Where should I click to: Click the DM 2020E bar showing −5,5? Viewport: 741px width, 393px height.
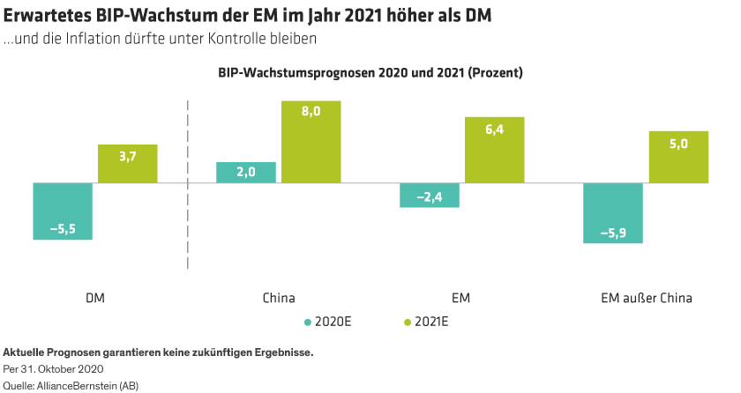tap(63, 211)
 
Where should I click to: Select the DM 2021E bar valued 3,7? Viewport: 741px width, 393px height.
tap(128, 164)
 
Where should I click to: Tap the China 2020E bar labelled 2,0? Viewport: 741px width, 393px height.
tap(246, 173)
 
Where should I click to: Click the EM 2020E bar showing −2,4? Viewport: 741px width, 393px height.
tap(430, 196)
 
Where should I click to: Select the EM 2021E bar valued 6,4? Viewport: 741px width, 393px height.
tap(495, 150)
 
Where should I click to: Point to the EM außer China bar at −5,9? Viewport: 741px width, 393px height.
tap(613, 213)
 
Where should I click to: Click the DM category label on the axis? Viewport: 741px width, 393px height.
tap(95, 298)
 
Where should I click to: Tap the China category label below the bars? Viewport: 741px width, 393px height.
tap(279, 298)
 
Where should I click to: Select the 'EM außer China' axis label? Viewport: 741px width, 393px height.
tap(640, 298)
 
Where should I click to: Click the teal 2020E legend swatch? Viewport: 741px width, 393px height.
tap(308, 322)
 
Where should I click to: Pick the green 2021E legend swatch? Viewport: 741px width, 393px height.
tap(408, 322)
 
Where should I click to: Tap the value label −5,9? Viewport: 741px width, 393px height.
tap(613, 233)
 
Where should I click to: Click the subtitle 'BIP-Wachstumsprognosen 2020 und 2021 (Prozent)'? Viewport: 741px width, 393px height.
tap(370, 73)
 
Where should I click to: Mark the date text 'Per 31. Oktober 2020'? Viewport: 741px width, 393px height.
tap(54, 369)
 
